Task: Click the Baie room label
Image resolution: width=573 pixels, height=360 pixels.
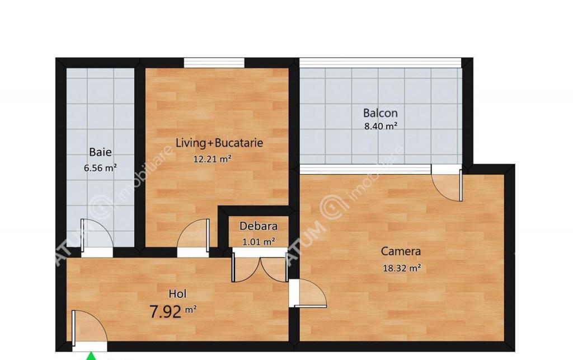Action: point(101,152)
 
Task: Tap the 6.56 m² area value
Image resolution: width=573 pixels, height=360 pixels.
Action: point(100,168)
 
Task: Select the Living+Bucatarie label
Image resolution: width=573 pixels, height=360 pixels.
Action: point(219,143)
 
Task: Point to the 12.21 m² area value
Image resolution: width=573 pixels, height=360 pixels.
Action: point(212,159)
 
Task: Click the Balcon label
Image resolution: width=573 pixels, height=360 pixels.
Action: point(381,113)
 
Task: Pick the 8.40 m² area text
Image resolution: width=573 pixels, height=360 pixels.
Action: point(381,127)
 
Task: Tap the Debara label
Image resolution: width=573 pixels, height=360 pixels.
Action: point(259,226)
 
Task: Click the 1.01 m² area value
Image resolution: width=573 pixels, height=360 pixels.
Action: point(259,241)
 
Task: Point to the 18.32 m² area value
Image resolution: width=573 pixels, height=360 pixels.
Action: point(402,268)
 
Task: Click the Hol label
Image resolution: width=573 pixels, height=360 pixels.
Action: point(177,293)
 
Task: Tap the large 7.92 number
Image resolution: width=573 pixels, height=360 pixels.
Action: point(166,312)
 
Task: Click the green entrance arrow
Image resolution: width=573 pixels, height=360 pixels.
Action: point(91,356)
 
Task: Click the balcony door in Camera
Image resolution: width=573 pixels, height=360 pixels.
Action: point(447,185)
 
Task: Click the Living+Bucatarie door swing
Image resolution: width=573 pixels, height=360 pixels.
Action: point(193,235)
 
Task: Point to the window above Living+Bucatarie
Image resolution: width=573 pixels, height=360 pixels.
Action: point(214,63)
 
